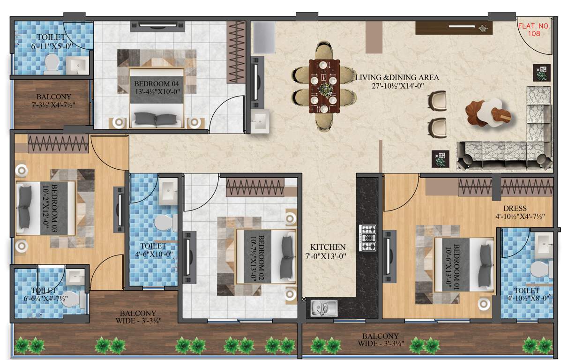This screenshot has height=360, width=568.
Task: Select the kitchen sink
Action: [x=324, y=308]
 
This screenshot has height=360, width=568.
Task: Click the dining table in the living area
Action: [x=323, y=86]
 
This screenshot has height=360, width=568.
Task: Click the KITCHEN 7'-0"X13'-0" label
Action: [x=328, y=252]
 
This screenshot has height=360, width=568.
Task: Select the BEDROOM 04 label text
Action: [x=157, y=88]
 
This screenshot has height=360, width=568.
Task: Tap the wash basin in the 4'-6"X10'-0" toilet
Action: [x=167, y=191]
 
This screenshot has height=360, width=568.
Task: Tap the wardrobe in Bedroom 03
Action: [x=58, y=143]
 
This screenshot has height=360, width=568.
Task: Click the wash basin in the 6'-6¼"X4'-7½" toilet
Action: [x=74, y=277]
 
